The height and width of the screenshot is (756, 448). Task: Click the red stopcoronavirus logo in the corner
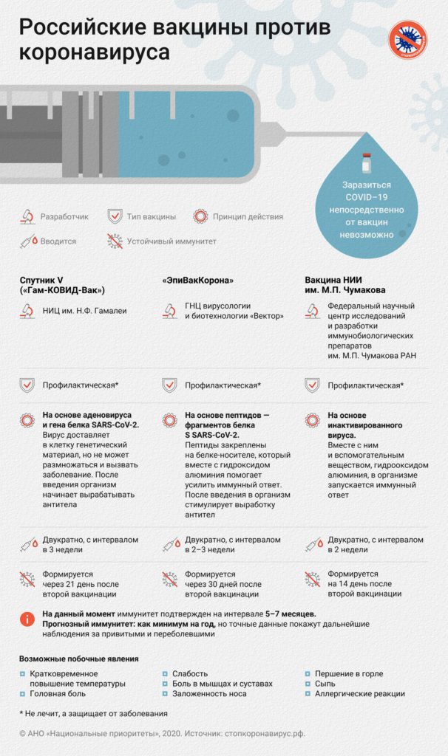click(409, 41)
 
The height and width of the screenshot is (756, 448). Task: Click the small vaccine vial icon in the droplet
click(364, 164)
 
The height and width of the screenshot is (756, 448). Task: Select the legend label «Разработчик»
click(64, 217)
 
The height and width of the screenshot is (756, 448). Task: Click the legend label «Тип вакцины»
click(151, 217)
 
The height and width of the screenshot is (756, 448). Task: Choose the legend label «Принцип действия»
click(248, 217)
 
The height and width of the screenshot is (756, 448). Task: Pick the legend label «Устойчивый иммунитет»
click(172, 241)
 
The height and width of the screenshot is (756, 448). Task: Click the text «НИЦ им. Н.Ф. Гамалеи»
click(84, 311)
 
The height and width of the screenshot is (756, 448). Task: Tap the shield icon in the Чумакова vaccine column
click(312, 385)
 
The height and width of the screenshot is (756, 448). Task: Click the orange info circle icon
click(27, 619)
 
